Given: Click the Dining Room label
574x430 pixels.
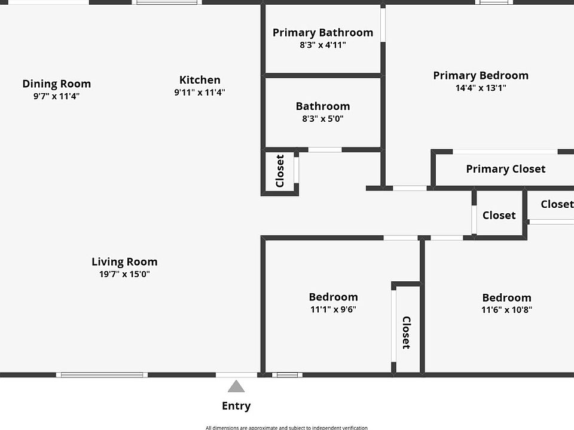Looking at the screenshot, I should [57, 84].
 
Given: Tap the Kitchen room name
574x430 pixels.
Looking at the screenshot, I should [200, 79].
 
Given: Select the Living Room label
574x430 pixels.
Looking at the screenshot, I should [124, 262].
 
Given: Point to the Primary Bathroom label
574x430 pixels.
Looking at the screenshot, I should [323, 32].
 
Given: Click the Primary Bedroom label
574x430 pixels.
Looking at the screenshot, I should [481, 75].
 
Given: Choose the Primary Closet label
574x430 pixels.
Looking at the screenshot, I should [505, 169].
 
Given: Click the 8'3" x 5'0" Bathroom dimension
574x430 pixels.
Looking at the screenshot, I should [323, 119].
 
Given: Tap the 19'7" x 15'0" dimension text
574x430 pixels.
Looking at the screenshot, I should [124, 275].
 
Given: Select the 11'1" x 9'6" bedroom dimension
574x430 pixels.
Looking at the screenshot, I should [333, 310].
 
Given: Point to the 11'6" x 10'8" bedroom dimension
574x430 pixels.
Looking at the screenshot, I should [507, 310].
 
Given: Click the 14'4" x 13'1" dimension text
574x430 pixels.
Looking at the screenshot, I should [481, 88].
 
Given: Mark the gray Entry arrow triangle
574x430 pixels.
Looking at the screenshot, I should [236, 387].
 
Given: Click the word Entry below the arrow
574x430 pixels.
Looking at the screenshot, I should [236, 406].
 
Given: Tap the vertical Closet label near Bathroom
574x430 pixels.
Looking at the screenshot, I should [280, 171].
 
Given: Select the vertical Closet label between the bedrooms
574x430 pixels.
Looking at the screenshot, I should [406, 333].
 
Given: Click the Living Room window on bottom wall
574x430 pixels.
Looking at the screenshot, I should [102, 375].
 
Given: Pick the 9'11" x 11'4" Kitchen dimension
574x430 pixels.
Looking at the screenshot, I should [200, 93].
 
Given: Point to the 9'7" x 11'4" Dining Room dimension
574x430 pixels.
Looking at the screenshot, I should [57, 96].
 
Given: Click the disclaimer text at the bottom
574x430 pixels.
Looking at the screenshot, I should [286, 427].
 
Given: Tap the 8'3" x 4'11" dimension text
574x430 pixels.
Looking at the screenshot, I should [323, 45].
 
